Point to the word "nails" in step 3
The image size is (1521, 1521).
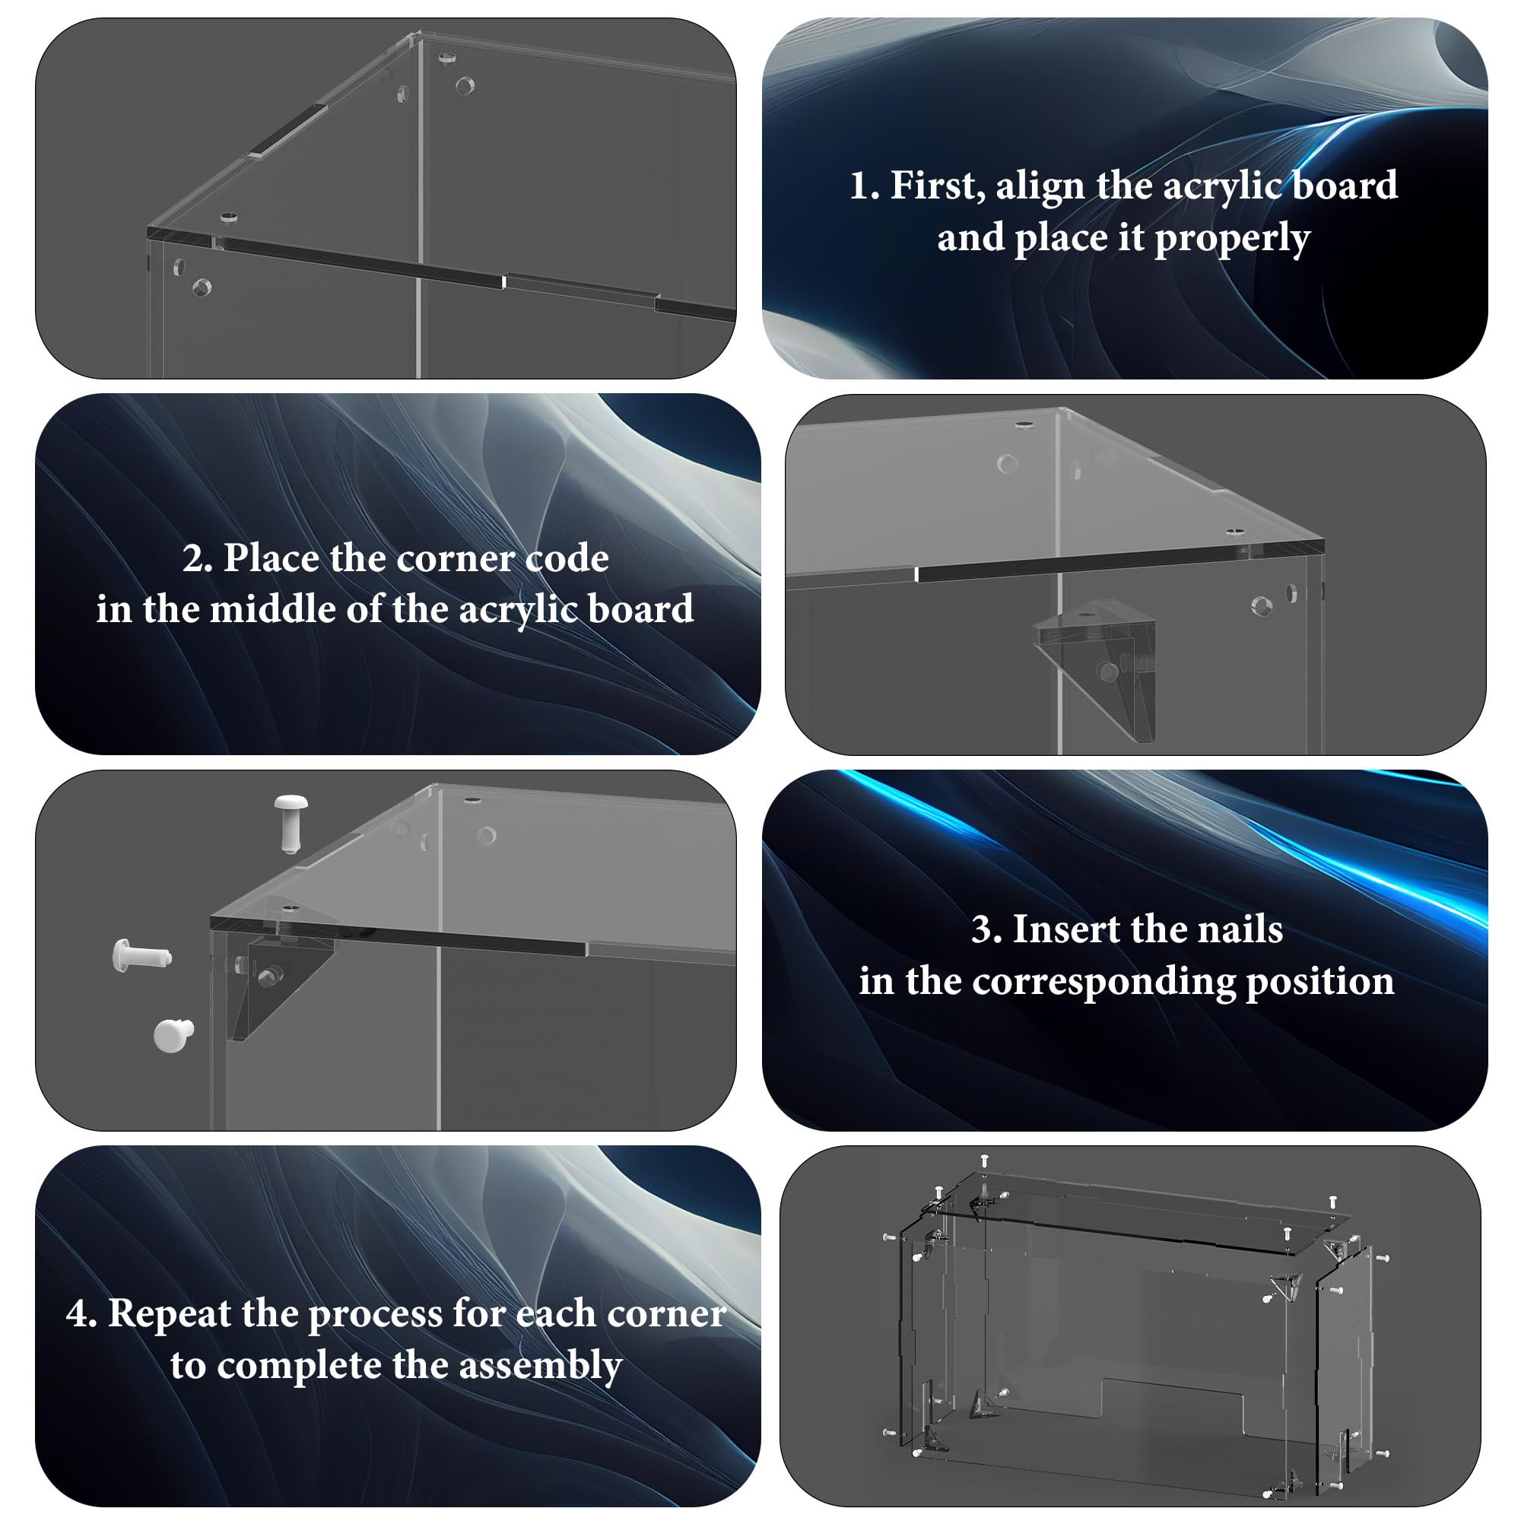(1240, 929)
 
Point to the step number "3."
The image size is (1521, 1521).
(986, 930)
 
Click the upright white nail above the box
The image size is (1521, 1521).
(291, 824)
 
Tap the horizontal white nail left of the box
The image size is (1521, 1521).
(141, 956)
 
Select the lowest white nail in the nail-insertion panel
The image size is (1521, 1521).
(173, 1035)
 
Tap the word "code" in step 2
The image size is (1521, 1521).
(567, 558)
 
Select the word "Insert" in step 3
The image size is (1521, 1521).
(1069, 929)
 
